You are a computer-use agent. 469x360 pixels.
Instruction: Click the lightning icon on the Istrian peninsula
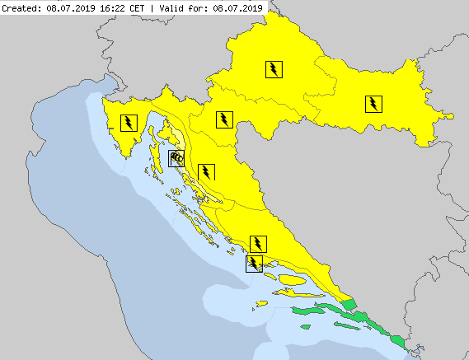point(129,124)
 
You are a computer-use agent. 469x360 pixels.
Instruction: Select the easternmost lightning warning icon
point(373,103)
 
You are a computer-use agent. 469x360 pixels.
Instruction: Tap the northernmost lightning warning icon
point(273,69)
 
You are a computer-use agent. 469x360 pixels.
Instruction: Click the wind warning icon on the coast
point(176,158)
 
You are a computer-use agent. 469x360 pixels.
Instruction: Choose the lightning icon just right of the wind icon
point(205,171)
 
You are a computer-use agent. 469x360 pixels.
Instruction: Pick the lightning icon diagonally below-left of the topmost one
point(223,119)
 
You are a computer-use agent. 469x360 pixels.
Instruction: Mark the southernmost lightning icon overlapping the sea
point(255,263)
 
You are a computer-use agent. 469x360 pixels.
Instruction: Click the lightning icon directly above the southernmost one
point(259,242)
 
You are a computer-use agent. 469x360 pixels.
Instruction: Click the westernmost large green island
point(307,313)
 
